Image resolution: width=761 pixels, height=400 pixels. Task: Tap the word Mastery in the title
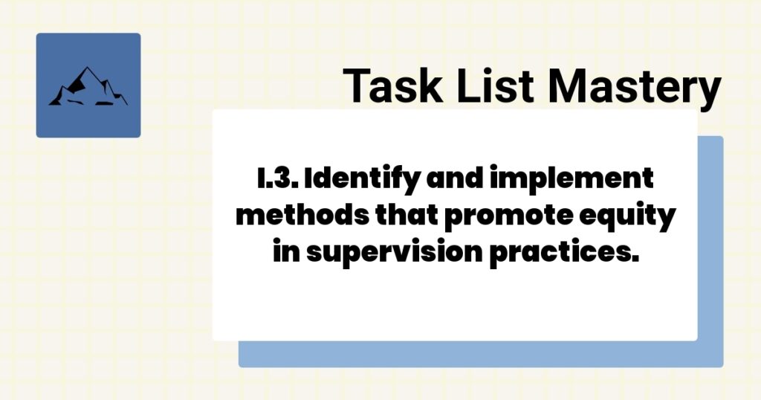(x=633, y=86)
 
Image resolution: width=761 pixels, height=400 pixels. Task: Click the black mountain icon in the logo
(x=88, y=86)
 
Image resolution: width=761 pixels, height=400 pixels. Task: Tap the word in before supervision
(x=285, y=252)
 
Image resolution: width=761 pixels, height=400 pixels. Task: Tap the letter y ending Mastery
(x=710, y=91)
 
